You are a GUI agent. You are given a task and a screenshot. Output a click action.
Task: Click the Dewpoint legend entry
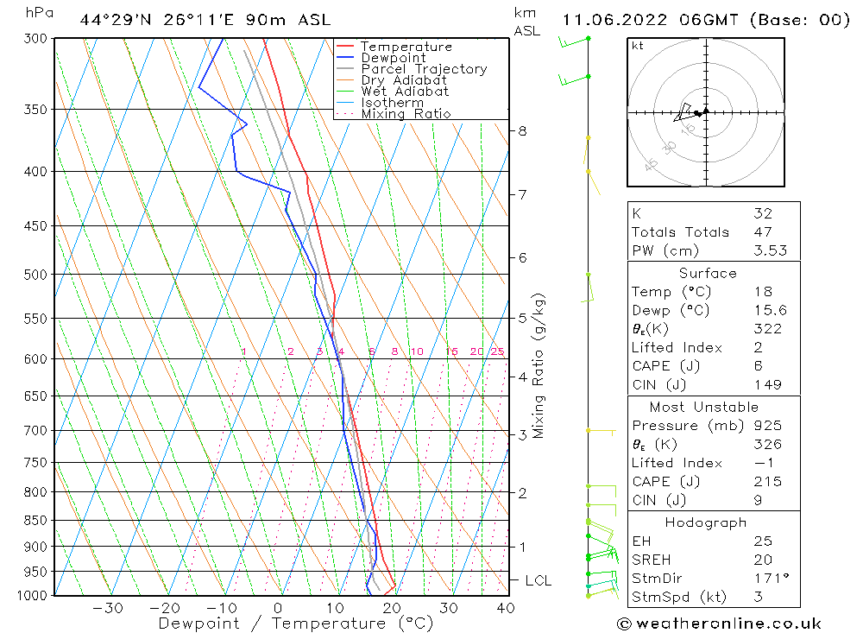(393, 58)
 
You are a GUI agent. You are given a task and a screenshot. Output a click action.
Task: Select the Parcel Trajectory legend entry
(424, 69)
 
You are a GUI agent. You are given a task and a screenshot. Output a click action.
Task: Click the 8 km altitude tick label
(522, 131)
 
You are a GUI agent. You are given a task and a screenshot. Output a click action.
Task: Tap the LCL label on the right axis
(538, 581)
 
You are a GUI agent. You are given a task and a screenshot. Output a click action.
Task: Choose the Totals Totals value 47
(762, 232)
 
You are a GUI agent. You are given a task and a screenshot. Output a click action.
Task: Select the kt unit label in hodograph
(638, 46)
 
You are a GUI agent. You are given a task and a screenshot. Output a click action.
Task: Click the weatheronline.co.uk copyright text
(719, 624)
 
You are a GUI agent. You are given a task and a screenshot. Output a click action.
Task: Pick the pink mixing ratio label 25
(497, 351)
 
